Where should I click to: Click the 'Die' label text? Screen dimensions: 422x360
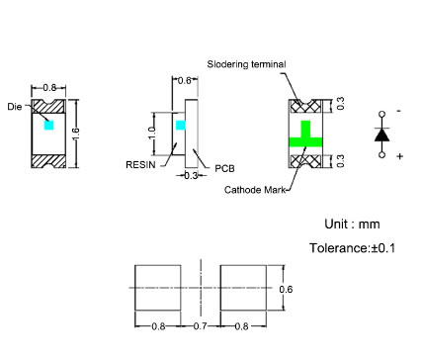15,107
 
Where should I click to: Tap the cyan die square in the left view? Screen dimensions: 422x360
48,125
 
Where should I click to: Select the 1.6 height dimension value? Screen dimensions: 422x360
75,134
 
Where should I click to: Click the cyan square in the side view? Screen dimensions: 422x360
181,125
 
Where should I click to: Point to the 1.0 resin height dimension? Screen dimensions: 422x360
151,134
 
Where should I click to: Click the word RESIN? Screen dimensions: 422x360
140,164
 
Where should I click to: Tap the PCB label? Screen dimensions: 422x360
224,169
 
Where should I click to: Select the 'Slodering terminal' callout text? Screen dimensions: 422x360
246,64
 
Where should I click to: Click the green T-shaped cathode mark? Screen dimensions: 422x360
305,135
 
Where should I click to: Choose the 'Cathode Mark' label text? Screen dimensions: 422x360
255,190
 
